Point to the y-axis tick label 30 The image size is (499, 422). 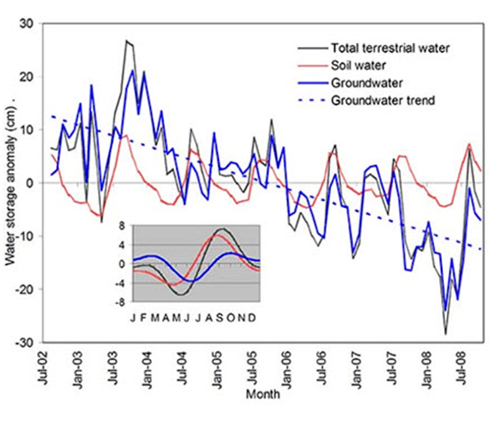click(29, 24)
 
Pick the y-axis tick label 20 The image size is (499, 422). click(29, 77)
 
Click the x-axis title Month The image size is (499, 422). click(263, 395)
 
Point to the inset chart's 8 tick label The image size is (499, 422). click(123, 226)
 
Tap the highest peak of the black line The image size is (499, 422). click(126, 41)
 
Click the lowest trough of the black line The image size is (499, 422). click(445, 334)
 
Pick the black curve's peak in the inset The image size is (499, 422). click(223, 229)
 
